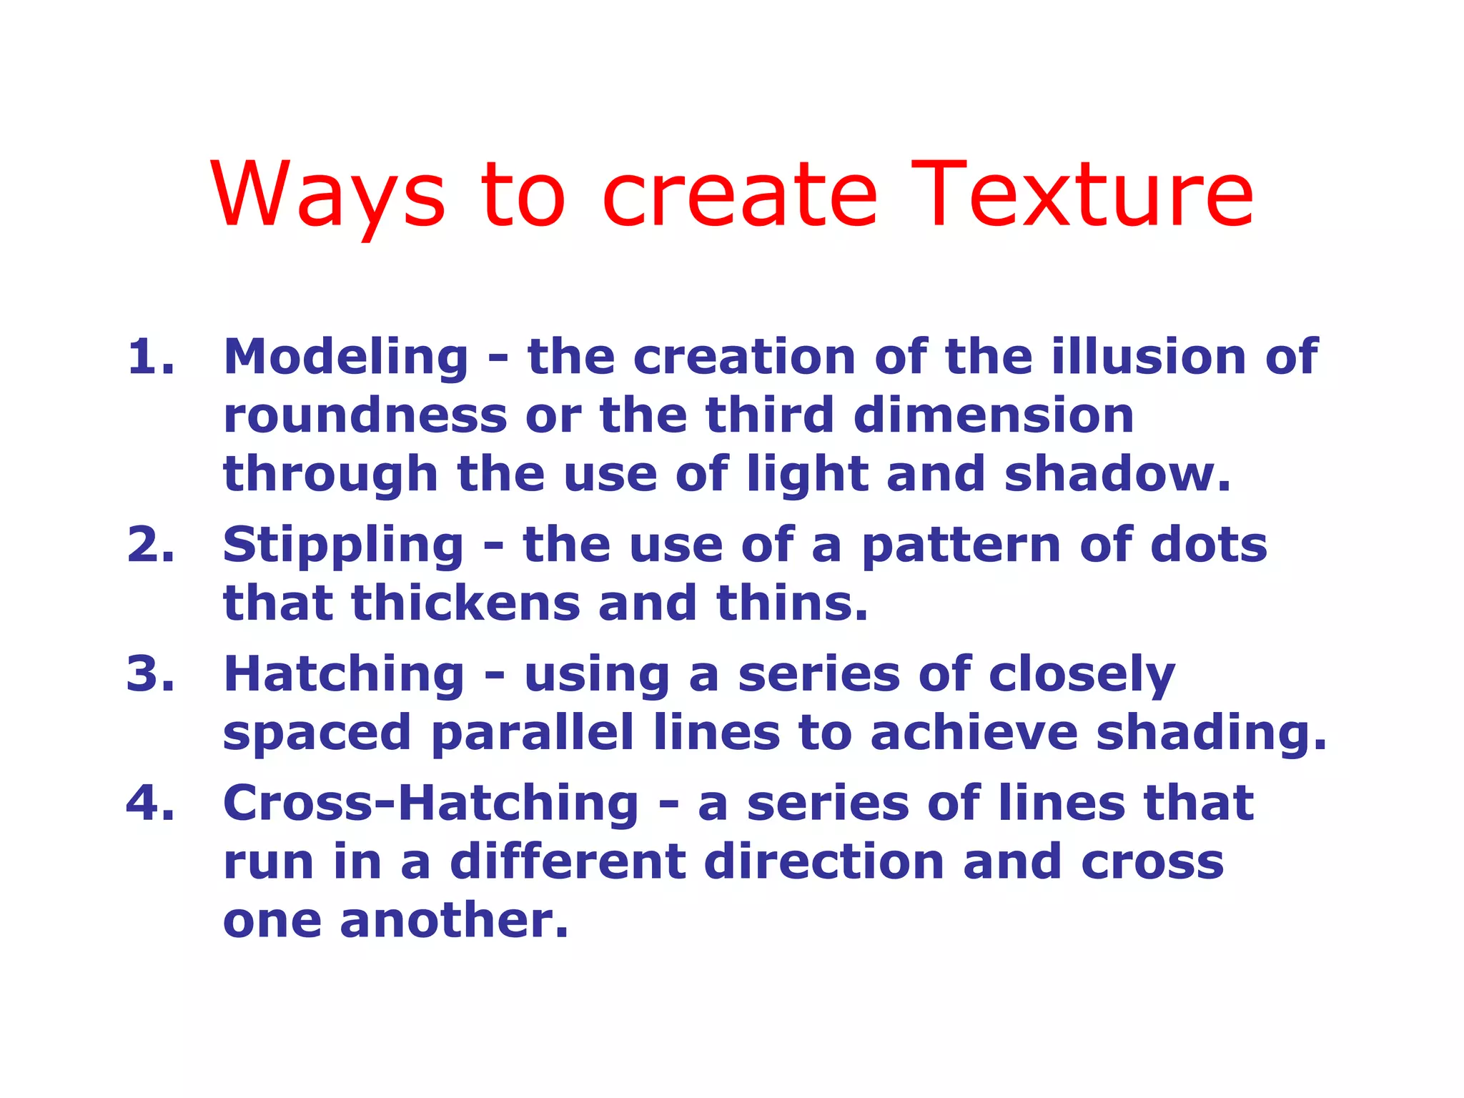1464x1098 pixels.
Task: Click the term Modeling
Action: pyautogui.click(x=346, y=357)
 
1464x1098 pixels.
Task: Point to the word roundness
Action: pyautogui.click(x=365, y=416)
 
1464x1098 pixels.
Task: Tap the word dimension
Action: pyautogui.click(x=994, y=416)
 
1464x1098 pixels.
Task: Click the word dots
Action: pyautogui.click(x=1209, y=545)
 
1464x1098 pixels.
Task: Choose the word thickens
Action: pyautogui.click(x=465, y=603)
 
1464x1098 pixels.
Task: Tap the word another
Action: pyautogui.click(x=454, y=921)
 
